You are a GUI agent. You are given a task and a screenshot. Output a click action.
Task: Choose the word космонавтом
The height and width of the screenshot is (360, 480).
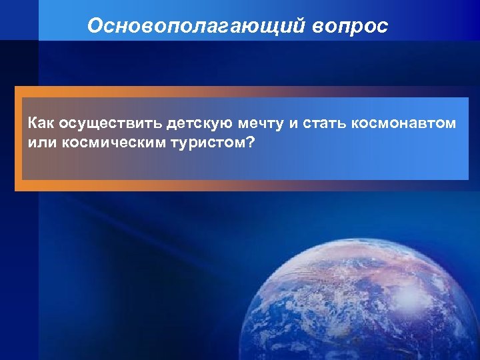point(409,124)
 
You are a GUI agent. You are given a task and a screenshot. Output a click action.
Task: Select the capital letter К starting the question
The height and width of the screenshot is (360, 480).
point(33,124)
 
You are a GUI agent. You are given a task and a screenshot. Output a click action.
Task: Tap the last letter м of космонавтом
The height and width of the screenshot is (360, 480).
point(451,125)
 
